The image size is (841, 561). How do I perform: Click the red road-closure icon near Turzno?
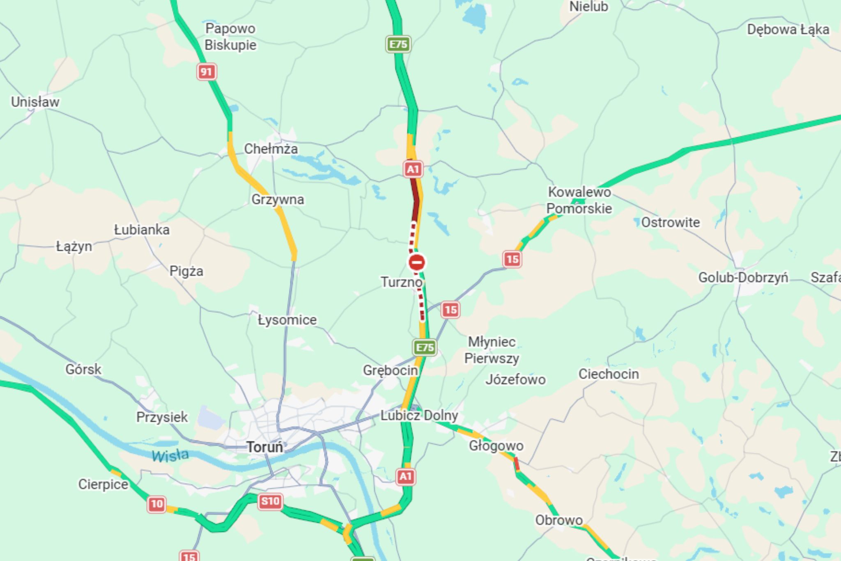tap(417, 262)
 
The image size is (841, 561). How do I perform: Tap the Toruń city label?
tap(265, 447)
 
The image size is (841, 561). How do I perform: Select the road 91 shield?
tap(206, 72)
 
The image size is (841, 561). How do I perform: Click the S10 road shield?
tap(270, 501)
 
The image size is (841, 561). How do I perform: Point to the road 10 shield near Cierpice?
tap(156, 504)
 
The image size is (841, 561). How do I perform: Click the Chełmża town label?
tap(271, 149)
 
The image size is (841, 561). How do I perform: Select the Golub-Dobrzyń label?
tap(743, 277)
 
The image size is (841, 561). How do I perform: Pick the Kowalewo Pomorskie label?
tap(579, 200)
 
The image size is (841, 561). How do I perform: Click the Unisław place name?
tap(35, 102)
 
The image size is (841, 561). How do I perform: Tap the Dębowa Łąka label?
tap(788, 30)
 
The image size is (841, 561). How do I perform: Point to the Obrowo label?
tap(558, 520)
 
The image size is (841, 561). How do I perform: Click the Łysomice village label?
tap(287, 320)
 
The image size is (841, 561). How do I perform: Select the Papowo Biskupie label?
tap(230, 37)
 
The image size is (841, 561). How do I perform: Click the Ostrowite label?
tap(670, 222)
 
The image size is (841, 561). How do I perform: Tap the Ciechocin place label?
tap(609, 374)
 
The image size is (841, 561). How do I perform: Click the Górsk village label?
tap(83, 369)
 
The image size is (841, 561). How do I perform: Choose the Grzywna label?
tap(278, 199)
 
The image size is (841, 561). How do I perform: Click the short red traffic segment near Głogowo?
tap(517, 464)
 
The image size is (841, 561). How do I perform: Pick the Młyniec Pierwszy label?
tap(492, 350)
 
